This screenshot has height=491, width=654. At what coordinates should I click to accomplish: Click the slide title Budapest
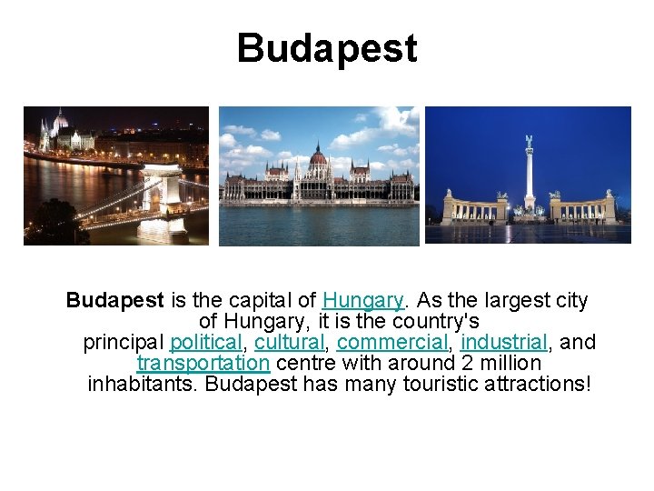pyautogui.click(x=327, y=48)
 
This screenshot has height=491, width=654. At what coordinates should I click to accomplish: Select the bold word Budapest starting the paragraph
pyautogui.click(x=114, y=300)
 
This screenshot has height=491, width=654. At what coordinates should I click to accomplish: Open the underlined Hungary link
pyautogui.click(x=362, y=300)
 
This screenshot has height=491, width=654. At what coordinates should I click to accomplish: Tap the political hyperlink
pyautogui.click(x=206, y=343)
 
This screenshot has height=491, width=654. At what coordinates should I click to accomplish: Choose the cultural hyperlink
pyautogui.click(x=289, y=343)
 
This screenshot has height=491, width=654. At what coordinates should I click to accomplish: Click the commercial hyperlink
pyautogui.click(x=392, y=343)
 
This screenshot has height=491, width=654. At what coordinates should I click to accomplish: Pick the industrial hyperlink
pyautogui.click(x=503, y=343)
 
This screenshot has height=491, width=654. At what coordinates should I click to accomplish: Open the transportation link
pyautogui.click(x=203, y=364)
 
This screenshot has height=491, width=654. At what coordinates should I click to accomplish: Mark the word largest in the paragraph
pyautogui.click(x=502, y=300)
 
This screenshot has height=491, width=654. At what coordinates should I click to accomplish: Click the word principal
pyautogui.click(x=124, y=343)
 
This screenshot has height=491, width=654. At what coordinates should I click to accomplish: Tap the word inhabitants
pyautogui.click(x=142, y=385)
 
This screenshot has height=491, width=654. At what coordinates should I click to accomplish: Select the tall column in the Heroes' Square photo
pyautogui.click(x=529, y=173)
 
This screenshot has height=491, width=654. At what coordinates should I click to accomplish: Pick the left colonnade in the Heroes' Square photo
pyautogui.click(x=473, y=208)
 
